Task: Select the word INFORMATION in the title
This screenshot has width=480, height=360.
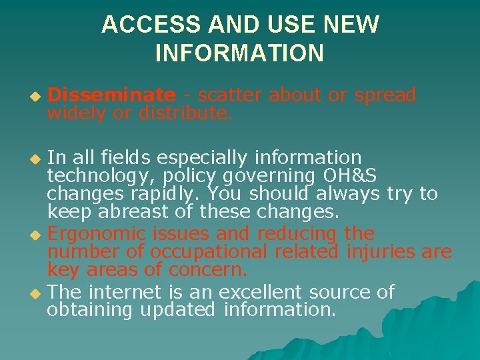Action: click(239, 53)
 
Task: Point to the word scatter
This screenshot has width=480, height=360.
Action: click(231, 95)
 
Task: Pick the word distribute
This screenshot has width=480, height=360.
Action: click(185, 113)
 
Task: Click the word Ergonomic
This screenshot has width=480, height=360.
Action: click(98, 234)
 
